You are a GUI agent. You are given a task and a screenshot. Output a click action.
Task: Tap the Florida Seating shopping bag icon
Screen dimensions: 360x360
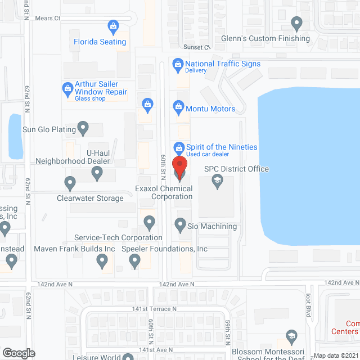coord(113,26)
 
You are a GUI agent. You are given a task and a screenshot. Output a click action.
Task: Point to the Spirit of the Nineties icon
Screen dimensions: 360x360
coord(179,147)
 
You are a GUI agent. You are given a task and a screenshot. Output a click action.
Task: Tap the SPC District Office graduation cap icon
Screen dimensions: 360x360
coord(217,181)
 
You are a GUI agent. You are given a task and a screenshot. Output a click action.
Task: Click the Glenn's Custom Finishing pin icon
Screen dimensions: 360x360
coord(297,24)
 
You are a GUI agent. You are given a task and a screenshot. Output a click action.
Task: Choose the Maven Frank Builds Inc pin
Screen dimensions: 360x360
coord(102,260)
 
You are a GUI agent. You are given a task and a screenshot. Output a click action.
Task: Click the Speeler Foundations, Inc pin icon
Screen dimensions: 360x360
coord(134,260)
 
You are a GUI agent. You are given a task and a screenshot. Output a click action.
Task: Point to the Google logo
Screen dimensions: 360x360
coord(19,353)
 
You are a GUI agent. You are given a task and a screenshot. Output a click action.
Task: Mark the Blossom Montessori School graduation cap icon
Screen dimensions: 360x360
coord(291,336)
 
